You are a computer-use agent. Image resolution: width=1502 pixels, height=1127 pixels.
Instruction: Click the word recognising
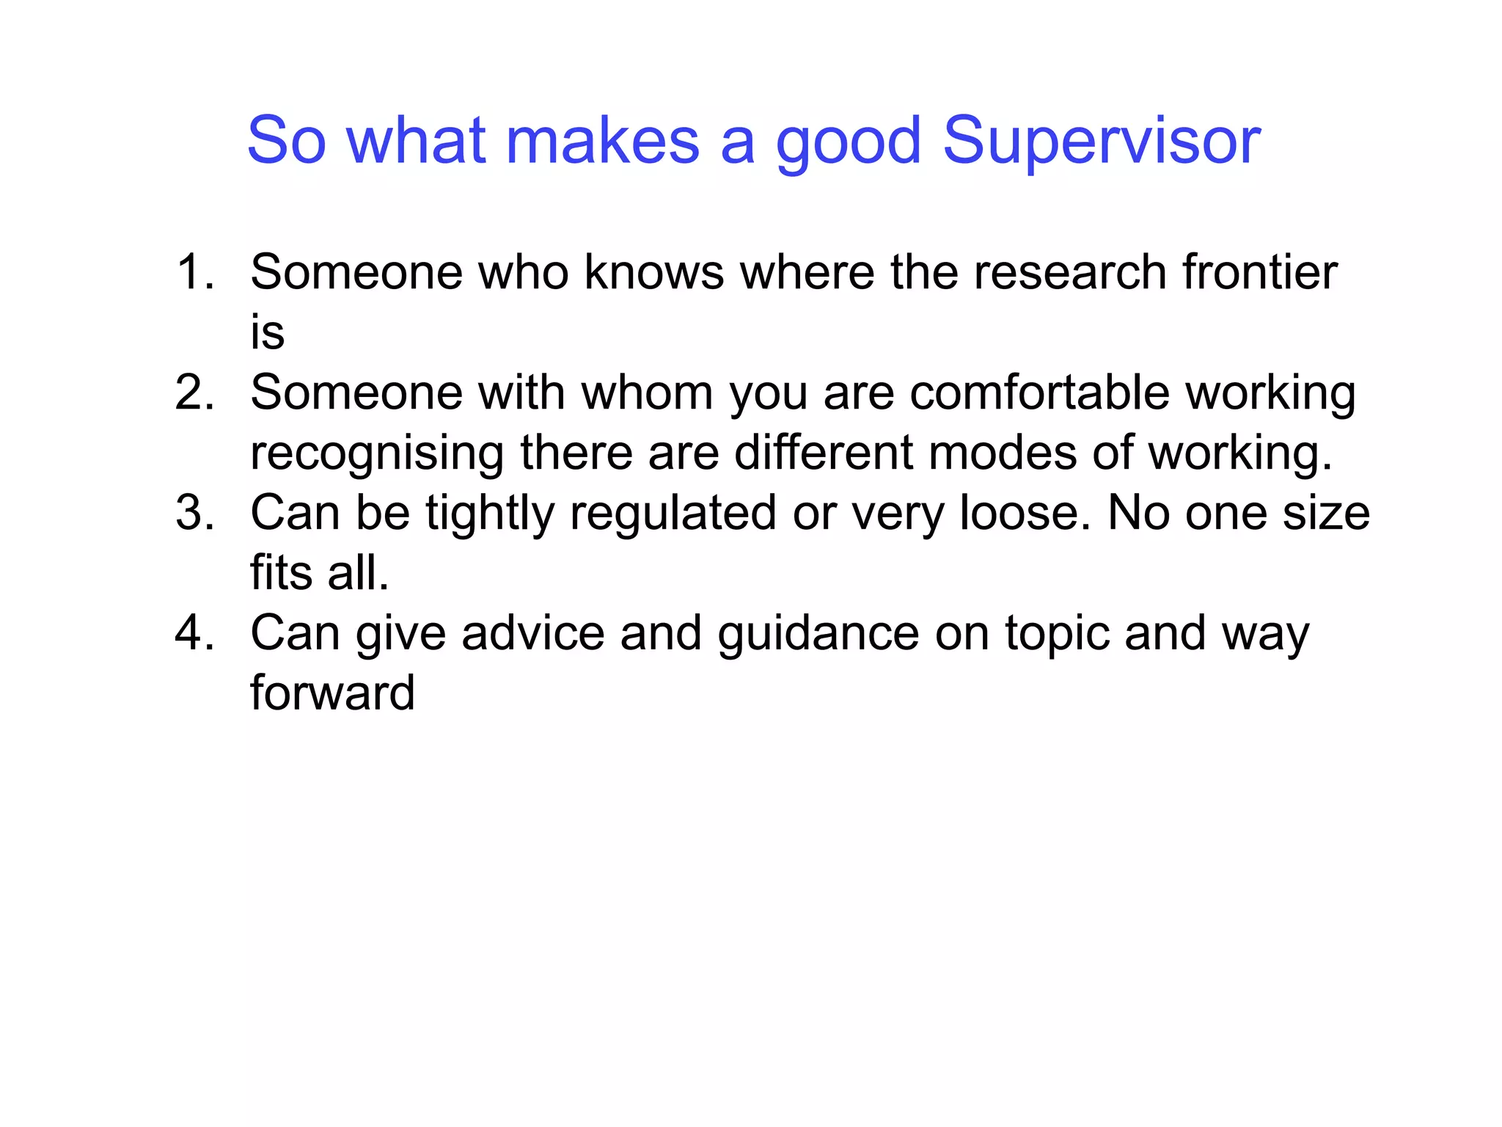(377, 455)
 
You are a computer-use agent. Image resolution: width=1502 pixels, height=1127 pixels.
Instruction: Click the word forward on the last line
(332, 693)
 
